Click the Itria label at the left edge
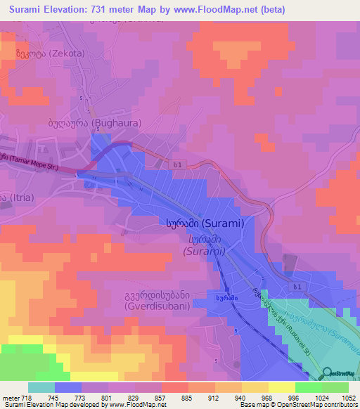click(14, 199)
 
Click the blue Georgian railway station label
click(224, 297)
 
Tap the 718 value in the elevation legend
click(19, 398)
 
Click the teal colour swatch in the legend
click(41, 387)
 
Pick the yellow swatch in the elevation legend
click(281, 387)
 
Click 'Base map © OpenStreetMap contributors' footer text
click(297, 405)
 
